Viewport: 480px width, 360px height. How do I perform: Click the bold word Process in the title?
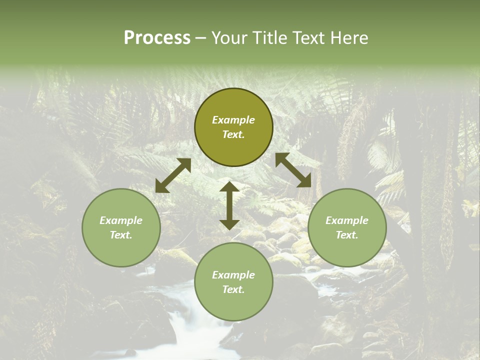pyautogui.click(x=157, y=38)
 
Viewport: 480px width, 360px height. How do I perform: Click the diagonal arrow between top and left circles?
pyautogui.click(x=173, y=175)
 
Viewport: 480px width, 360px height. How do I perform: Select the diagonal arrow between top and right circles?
pyautogui.click(x=293, y=170)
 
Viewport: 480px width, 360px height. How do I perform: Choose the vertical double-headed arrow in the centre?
pyautogui.click(x=229, y=205)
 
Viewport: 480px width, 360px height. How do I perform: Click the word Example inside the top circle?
pyautogui.click(x=233, y=120)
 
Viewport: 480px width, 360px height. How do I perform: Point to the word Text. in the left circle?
pyautogui.click(x=121, y=235)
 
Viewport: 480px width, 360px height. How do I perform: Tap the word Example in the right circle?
pyautogui.click(x=347, y=220)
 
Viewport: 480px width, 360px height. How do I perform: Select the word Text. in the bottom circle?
pyautogui.click(x=233, y=289)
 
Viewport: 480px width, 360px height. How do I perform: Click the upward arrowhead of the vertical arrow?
pyautogui.click(x=229, y=187)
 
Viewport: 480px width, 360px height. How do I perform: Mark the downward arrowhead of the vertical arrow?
pyautogui.click(x=229, y=224)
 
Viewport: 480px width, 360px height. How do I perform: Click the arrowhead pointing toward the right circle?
pyautogui.click(x=304, y=181)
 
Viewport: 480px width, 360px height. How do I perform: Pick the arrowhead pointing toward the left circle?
pyautogui.click(x=161, y=186)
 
